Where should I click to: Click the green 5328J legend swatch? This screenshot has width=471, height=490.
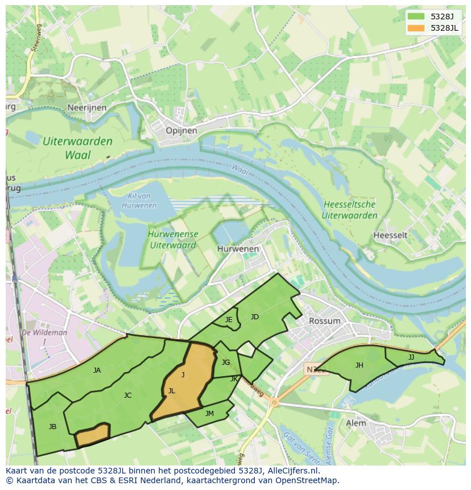click(416, 17)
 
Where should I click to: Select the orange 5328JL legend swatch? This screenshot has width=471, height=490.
click(416, 28)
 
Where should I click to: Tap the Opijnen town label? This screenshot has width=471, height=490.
click(181, 130)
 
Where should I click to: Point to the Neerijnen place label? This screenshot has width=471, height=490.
click(87, 107)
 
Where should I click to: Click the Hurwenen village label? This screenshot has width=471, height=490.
click(238, 249)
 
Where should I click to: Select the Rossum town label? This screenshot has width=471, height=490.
click(324, 320)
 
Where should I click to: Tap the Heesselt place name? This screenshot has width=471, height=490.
click(390, 235)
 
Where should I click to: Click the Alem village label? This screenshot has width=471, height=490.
click(356, 423)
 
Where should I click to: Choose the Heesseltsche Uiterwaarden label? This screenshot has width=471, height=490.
click(349, 209)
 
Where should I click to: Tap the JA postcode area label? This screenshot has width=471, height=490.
click(97, 370)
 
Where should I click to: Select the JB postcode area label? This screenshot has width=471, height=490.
click(52, 426)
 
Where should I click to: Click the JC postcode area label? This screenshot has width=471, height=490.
click(127, 395)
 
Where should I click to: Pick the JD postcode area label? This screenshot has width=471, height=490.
click(254, 317)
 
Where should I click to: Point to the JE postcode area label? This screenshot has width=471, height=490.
click(229, 320)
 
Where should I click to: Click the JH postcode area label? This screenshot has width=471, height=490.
click(359, 365)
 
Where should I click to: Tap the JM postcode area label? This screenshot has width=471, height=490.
click(209, 414)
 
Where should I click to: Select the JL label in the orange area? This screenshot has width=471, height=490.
click(171, 391)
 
